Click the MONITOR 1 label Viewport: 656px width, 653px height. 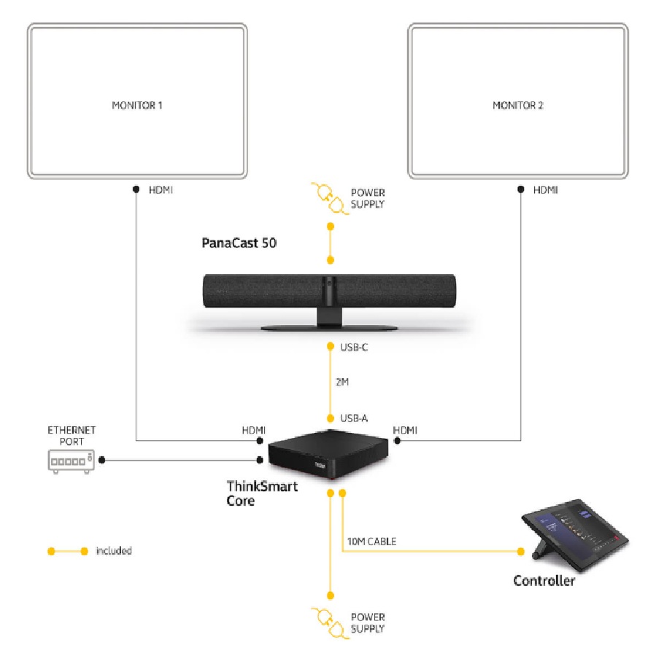(x=137, y=105)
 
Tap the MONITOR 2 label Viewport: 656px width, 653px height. (x=518, y=105)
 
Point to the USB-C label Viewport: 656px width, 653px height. (x=355, y=348)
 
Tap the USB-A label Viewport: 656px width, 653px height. (x=355, y=418)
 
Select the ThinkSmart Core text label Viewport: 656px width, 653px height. (x=261, y=493)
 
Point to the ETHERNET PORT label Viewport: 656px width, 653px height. (x=72, y=435)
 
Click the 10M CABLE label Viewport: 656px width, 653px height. (x=373, y=541)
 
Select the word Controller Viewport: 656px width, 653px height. (x=544, y=581)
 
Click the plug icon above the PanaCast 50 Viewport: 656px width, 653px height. (x=326, y=197)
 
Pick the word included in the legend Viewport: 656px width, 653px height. (x=114, y=551)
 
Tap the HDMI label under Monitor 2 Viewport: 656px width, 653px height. (x=546, y=189)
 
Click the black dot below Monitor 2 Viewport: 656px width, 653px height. (x=520, y=189)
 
